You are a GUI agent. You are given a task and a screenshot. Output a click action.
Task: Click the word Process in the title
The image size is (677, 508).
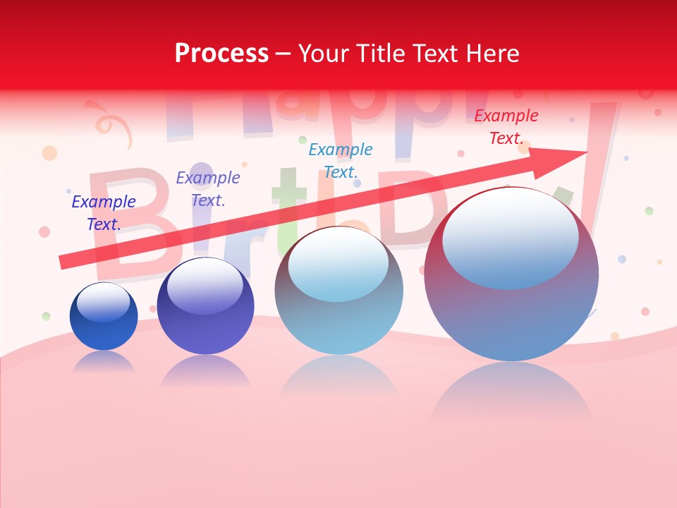[x=221, y=54]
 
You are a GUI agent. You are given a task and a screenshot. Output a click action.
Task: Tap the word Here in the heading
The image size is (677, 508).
[x=492, y=54]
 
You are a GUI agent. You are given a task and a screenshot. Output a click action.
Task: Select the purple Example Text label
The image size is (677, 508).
[x=208, y=189]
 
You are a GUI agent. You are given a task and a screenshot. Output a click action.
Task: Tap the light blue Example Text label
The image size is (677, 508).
[x=341, y=160]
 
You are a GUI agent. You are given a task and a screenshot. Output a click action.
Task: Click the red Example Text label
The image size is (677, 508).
[x=506, y=127]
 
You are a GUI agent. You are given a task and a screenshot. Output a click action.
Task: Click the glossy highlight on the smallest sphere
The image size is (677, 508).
[x=104, y=302]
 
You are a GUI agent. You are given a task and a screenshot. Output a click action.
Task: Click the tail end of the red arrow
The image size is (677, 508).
[x=65, y=261]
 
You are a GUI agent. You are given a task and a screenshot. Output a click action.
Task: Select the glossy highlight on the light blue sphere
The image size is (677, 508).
[x=338, y=263]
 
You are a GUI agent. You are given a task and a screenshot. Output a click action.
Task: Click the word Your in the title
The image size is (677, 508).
[x=322, y=54]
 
